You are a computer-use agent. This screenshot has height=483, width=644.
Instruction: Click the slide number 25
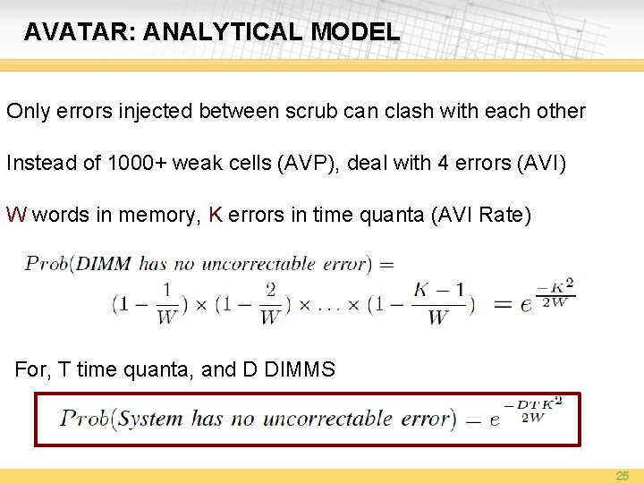pos(623,476)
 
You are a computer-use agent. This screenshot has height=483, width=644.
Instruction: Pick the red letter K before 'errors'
pos(215,216)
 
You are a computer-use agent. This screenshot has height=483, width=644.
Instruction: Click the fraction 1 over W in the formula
pos(165,304)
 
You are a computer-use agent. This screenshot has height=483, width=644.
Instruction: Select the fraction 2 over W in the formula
pos(269,304)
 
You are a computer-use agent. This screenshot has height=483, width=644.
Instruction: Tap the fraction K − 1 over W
pos(437,304)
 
